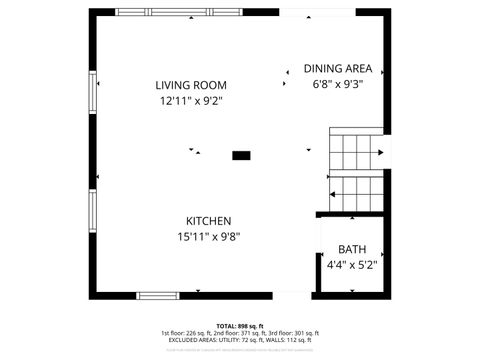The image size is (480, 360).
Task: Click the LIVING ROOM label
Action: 190,85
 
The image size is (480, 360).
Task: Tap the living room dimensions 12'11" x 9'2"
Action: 190,101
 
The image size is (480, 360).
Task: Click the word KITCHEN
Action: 208,221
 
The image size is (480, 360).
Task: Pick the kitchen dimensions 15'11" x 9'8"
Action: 208,237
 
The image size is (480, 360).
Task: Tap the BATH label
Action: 351,249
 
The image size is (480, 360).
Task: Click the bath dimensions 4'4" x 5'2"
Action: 351,265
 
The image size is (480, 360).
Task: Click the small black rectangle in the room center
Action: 241,155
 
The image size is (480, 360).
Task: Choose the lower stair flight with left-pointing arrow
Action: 356,191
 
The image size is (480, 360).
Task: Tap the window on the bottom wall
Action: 159,295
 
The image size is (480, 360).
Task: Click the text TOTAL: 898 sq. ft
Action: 240,326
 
